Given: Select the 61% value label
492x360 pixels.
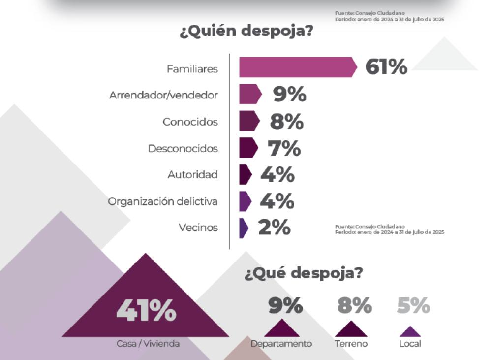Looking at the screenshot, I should [386, 67].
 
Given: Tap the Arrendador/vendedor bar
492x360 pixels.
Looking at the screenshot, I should [250, 94].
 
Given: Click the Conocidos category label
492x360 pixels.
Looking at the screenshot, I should [190, 122].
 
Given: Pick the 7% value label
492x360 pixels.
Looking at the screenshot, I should [284, 148].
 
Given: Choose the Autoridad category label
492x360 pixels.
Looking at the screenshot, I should [192, 175].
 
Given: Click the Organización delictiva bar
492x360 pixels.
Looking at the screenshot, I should [245, 201].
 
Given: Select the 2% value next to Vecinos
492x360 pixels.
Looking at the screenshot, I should [274, 228].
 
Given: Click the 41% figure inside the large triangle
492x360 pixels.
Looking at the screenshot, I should [146, 311].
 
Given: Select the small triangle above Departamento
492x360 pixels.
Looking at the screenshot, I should [281, 329].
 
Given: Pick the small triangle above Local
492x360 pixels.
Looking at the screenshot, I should [410, 331].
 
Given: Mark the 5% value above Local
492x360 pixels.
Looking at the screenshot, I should [413, 306].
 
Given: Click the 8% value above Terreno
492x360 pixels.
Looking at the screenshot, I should [354, 306].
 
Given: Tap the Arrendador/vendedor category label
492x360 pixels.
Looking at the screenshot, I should [163, 95].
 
